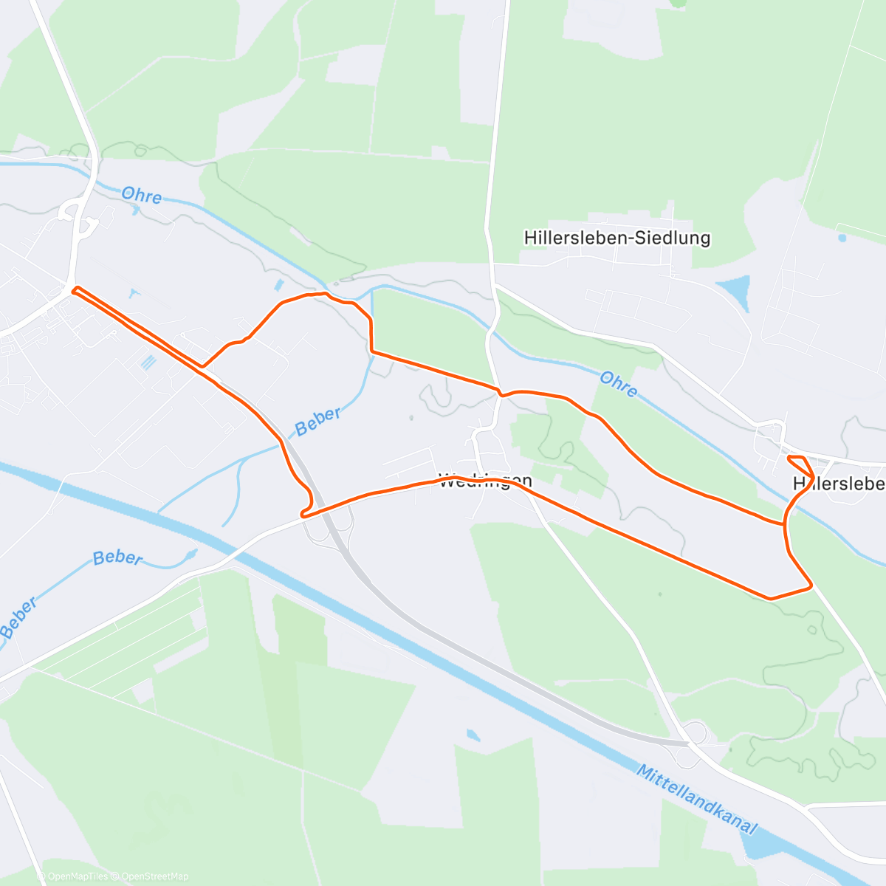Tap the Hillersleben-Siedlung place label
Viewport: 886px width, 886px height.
(x=617, y=238)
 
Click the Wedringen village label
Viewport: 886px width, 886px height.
(x=485, y=481)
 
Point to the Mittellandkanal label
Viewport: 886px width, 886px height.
(x=696, y=800)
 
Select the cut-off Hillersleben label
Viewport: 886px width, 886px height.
(x=839, y=484)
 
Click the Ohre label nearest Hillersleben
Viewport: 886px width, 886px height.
(x=618, y=384)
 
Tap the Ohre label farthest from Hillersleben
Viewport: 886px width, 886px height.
(x=141, y=195)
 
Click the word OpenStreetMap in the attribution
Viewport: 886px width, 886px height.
(x=155, y=876)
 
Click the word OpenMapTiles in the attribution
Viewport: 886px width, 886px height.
(x=78, y=876)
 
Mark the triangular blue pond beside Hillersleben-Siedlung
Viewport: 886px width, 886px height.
(x=735, y=290)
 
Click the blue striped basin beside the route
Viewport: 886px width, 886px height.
(x=149, y=362)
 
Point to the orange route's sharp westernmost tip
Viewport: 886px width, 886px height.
(x=73, y=290)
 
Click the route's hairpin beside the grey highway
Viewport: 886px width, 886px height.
(x=304, y=512)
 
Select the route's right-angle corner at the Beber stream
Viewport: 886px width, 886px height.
(x=371, y=351)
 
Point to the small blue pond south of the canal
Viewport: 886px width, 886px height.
(x=473, y=735)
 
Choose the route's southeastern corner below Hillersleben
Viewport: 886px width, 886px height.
(x=811, y=586)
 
